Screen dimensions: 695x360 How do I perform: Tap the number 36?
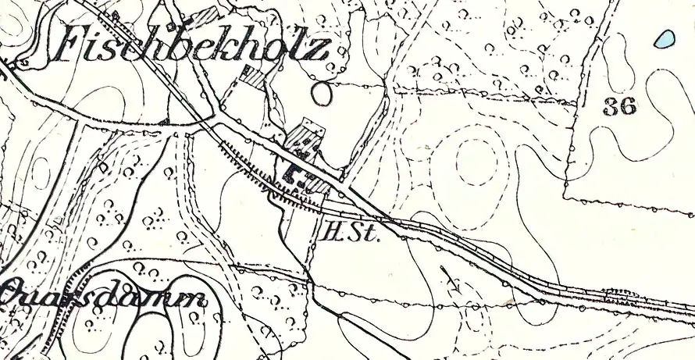[619, 106]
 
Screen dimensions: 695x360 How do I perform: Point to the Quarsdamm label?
[105, 297]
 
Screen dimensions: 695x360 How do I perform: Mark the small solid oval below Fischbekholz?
[321, 93]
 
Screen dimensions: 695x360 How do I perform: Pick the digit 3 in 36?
[611, 106]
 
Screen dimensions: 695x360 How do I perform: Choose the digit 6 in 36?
[628, 106]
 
